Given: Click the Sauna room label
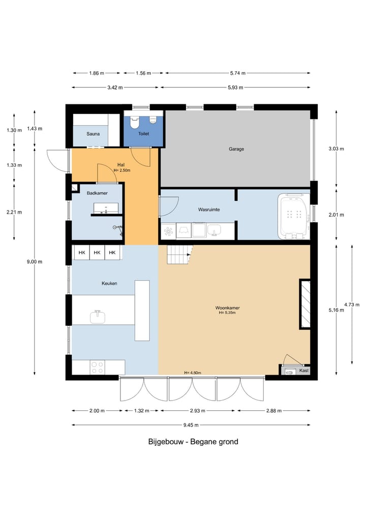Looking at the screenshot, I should pyautogui.click(x=93, y=134).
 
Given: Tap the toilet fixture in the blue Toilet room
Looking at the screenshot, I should pyautogui.click(x=135, y=123).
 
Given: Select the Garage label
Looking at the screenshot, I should pyautogui.click(x=236, y=149).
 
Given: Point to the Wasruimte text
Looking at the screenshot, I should pyautogui.click(x=208, y=209).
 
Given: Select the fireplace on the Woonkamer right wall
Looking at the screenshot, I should pyautogui.click(x=305, y=304).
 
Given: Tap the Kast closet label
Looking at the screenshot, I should pyautogui.click(x=304, y=371).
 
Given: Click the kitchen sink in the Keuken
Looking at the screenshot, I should pyautogui.click(x=98, y=318).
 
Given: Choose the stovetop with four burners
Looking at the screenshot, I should pyautogui.click(x=98, y=367).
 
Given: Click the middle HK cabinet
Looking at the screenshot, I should pyautogui.click(x=97, y=253).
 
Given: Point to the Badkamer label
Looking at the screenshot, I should pyautogui.click(x=97, y=193).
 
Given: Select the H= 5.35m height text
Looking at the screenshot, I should pyautogui.click(x=227, y=313).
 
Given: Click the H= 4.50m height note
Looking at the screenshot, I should pyautogui.click(x=193, y=373).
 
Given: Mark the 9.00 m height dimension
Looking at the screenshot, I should pyautogui.click(x=35, y=262).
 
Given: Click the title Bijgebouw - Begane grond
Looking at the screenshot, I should pyautogui.click(x=193, y=442).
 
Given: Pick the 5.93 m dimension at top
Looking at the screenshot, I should pyautogui.click(x=235, y=87).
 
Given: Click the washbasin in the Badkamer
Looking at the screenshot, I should pyautogui.click(x=105, y=208).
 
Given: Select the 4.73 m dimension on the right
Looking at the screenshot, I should pyautogui.click(x=352, y=305).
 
